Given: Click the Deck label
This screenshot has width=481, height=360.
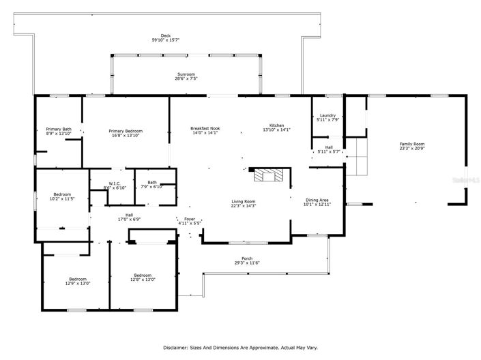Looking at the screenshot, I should [166, 35].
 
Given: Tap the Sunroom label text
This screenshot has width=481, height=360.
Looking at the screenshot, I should [185, 74].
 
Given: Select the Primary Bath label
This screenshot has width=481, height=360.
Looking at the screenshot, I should [59, 129].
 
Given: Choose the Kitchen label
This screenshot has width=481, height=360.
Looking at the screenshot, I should [276, 125].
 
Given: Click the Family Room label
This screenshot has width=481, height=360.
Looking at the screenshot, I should [411, 144].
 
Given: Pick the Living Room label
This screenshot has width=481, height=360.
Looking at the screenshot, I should [243, 201].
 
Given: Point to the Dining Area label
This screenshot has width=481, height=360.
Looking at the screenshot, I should [317, 200].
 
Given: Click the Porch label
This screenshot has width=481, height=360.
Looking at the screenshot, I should [247, 258].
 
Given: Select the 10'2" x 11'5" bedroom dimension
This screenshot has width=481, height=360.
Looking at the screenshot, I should [62, 198].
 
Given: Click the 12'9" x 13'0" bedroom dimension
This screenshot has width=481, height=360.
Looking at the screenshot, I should [77, 283].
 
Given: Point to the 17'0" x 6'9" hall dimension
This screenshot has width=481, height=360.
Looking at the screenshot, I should [129, 219].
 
